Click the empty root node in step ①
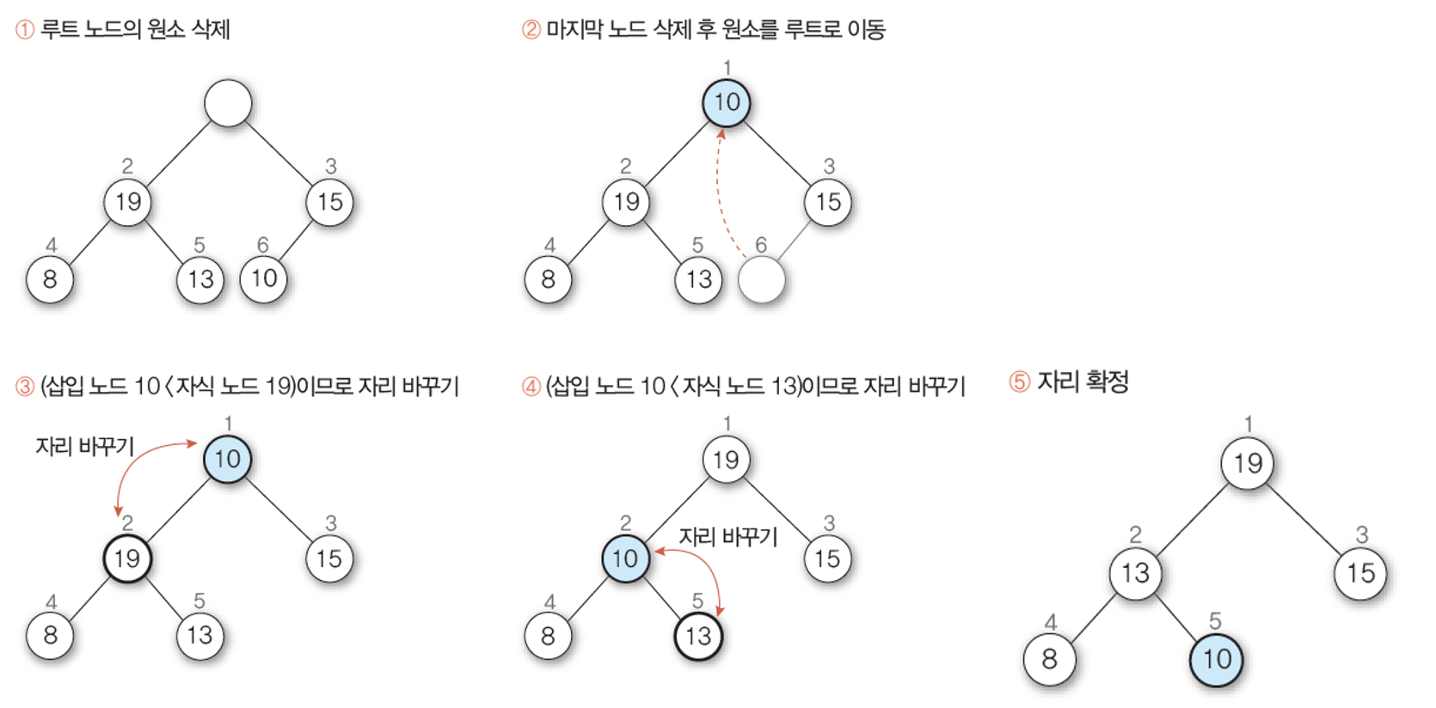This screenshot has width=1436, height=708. [228, 103]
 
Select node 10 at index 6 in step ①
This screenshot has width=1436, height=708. [263, 278]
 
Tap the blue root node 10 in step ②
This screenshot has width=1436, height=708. [727, 103]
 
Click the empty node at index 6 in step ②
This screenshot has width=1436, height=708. [761, 279]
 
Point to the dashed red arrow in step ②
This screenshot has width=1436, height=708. [719, 198]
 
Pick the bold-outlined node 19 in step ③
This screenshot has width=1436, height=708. [127, 558]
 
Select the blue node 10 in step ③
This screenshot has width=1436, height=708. [227, 459]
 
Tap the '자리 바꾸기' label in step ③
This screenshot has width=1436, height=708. [84, 446]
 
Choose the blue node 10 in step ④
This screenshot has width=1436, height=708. [625, 558]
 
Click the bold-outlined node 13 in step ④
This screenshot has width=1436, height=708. [698, 636]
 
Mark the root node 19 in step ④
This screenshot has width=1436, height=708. [726, 460]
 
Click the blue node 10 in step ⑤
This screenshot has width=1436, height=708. [1216, 660]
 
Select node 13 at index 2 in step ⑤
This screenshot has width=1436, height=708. [1135, 573]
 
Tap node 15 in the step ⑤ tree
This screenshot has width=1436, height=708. [1360, 573]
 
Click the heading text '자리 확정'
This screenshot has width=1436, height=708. [1083, 381]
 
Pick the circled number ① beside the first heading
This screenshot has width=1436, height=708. [25, 30]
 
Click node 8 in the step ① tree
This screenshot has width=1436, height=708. [50, 279]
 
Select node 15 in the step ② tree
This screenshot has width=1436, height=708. [828, 203]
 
